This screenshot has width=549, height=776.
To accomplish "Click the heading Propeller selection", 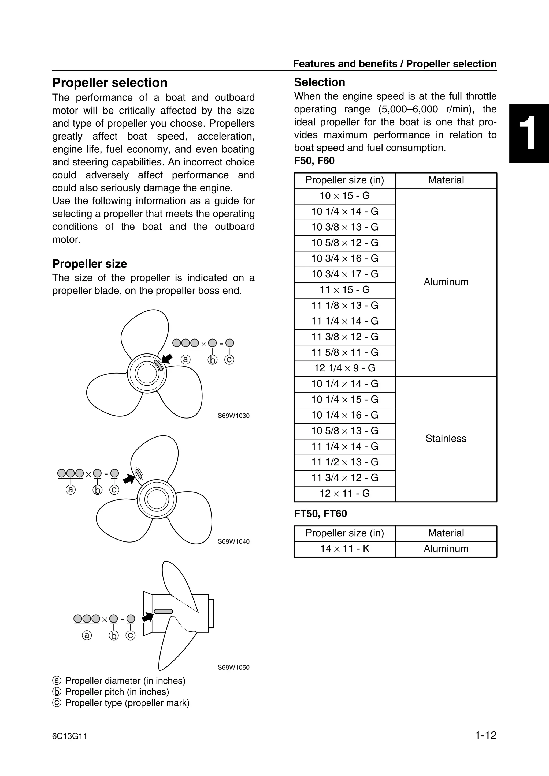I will point(110,83).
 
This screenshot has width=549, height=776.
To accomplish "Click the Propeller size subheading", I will point(89,264).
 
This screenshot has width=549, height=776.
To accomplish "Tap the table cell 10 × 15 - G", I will point(344,196).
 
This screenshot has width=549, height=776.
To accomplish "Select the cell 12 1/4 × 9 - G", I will point(344,368).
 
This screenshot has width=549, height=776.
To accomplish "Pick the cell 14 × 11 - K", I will point(344,549).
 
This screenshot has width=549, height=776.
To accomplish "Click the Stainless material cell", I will point(446,439).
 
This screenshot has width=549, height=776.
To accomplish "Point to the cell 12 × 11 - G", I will point(344,494).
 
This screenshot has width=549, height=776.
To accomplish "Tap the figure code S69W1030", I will point(233,416).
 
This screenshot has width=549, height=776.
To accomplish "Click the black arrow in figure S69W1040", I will point(129,479).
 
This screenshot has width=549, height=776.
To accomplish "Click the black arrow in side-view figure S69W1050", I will point(147,617).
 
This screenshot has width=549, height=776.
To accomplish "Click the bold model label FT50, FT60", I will point(320,514).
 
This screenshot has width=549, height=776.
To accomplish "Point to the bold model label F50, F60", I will point(314,161).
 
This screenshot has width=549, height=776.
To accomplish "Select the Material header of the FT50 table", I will point(446,533).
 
